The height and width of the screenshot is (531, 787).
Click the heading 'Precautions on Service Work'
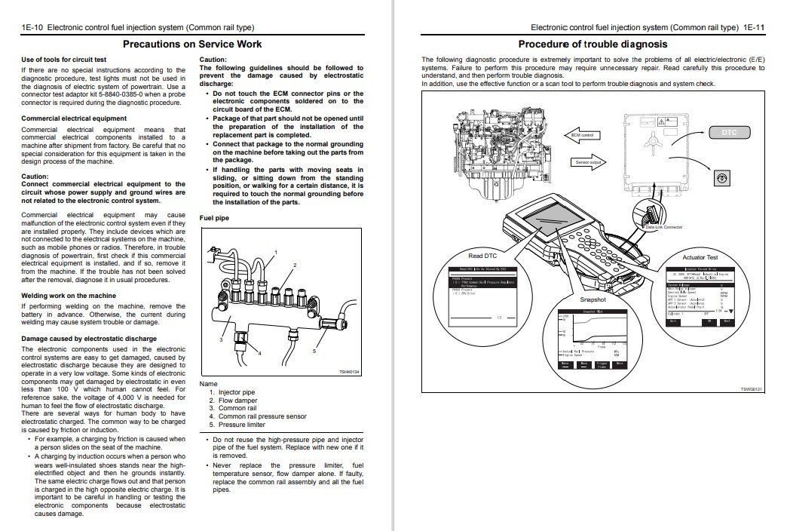pos(192,45)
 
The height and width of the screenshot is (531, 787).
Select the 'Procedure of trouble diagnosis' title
pos(593,45)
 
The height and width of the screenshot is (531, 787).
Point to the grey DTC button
pos(729,133)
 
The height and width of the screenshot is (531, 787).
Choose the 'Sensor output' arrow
pos(588,162)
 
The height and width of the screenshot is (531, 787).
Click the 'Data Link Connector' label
pos(663,226)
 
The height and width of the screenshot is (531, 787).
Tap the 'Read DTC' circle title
pos(482,256)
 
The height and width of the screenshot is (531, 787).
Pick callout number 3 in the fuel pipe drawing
pos(222,340)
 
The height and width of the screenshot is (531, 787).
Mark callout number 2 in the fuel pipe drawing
pos(295,265)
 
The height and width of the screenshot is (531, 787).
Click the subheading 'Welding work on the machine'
pos(69,295)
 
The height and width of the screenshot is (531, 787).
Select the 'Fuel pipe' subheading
pos(215,218)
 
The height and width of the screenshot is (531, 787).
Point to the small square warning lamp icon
pos(720,177)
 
